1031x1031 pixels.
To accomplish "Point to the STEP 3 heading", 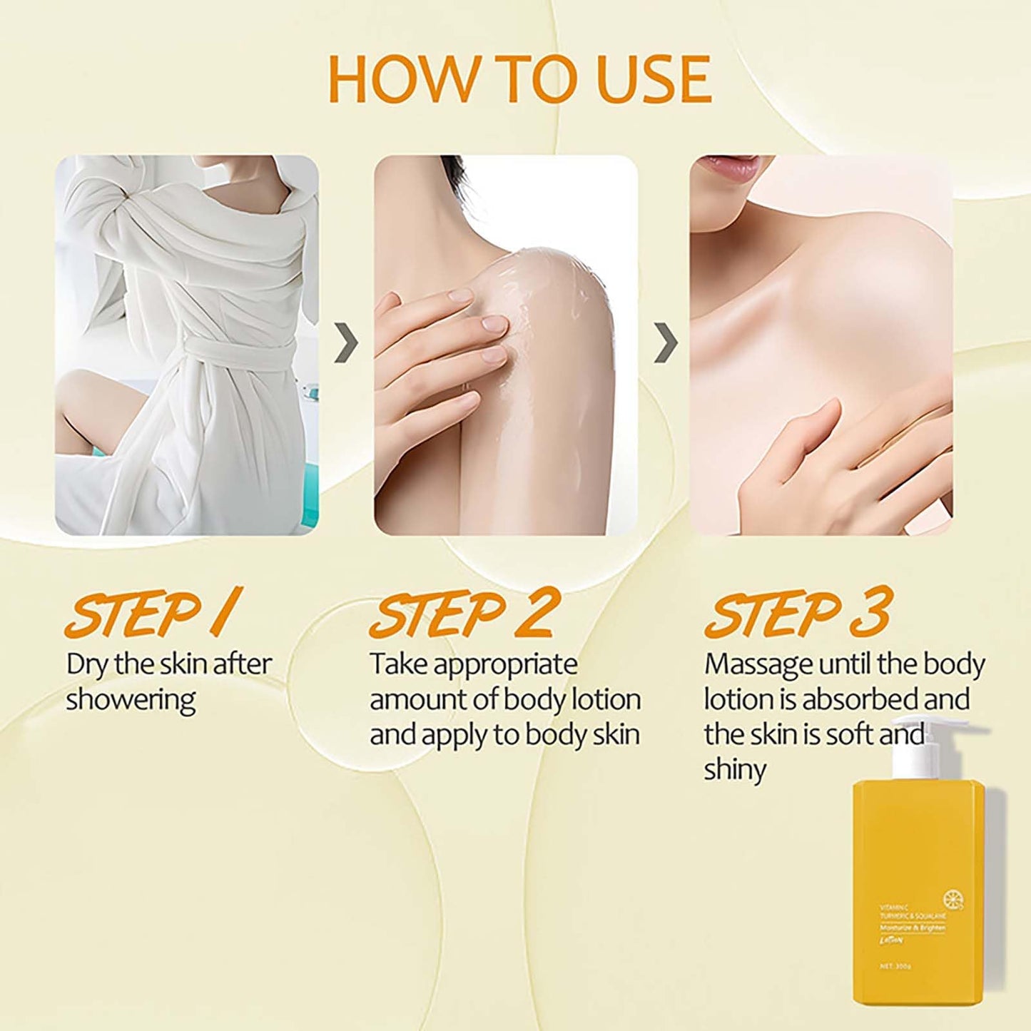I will [x=798, y=613].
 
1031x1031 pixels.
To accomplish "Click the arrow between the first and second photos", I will [x=346, y=343].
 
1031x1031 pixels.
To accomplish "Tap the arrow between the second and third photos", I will [x=665, y=343].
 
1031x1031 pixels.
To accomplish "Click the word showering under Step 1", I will [x=131, y=700].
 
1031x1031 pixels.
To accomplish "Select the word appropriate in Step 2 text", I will [x=505, y=664].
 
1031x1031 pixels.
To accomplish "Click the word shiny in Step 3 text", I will [x=735, y=770].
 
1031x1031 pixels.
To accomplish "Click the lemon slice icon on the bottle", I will [x=953, y=898].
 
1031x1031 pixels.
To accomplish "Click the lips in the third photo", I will [x=728, y=168].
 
